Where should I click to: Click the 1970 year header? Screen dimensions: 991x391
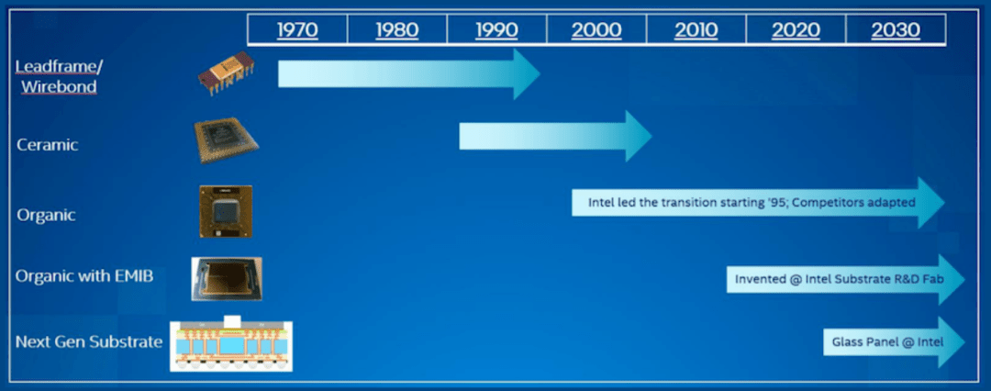(x=297, y=29)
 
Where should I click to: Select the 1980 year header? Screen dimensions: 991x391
(x=397, y=29)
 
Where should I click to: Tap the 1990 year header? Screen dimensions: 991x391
(x=496, y=29)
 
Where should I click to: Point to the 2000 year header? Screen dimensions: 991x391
(x=596, y=29)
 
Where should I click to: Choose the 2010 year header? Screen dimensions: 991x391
(x=696, y=29)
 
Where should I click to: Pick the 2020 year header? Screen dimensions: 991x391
(x=796, y=29)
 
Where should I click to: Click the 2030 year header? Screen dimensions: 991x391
(x=896, y=29)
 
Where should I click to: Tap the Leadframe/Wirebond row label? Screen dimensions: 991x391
(x=59, y=76)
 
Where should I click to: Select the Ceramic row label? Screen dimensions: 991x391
(x=48, y=145)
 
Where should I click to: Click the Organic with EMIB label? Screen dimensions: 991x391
(x=84, y=276)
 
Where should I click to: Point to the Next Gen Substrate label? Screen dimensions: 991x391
(x=89, y=342)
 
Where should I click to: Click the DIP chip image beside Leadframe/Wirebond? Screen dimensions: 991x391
(x=227, y=73)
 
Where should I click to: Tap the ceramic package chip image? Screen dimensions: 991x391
(x=227, y=140)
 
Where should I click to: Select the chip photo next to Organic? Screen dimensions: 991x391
(x=226, y=211)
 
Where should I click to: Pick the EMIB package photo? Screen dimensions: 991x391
(x=227, y=278)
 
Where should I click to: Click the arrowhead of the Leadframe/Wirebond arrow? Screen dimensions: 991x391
(x=527, y=73)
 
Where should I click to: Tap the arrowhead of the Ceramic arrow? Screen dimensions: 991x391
(x=639, y=136)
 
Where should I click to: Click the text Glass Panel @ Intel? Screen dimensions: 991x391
(x=887, y=342)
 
